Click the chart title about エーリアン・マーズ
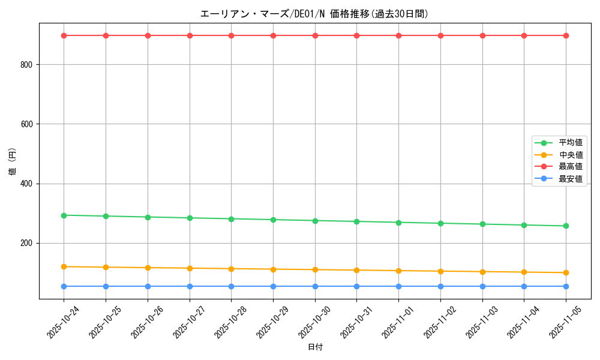click(x=314, y=14)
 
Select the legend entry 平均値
click(x=571, y=143)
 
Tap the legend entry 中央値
click(x=571, y=155)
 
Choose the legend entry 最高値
click(x=571, y=167)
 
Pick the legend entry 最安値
click(x=571, y=179)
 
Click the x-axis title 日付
click(x=315, y=347)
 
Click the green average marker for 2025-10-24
click(x=64, y=215)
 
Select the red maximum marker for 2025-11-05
click(x=566, y=35)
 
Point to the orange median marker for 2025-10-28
click(x=231, y=269)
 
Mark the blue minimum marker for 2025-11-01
click(x=398, y=286)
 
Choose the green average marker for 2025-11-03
click(x=482, y=224)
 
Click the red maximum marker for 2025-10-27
click(x=190, y=35)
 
